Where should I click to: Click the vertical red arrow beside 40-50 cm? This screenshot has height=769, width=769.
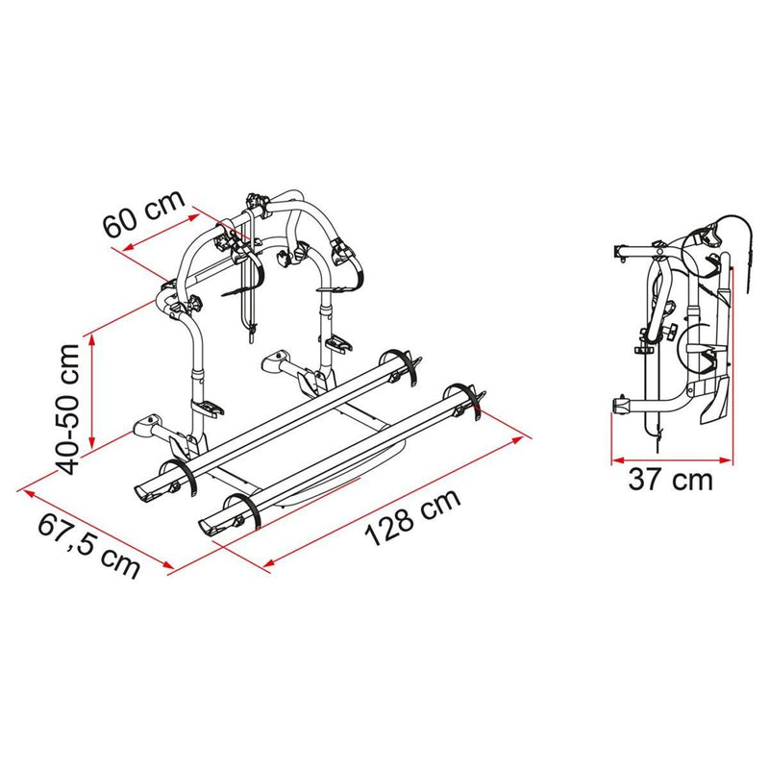[x=93, y=389]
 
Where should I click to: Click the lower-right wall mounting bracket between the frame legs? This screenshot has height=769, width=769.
[x=281, y=362]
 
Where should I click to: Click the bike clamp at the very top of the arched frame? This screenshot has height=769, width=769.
[x=257, y=204]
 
